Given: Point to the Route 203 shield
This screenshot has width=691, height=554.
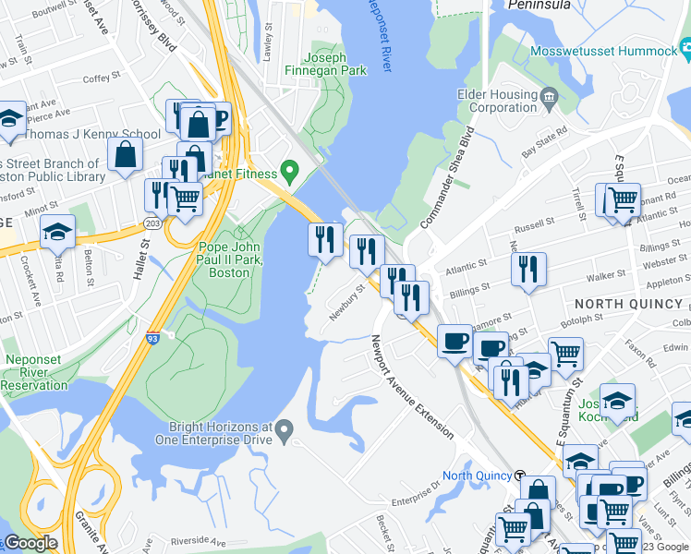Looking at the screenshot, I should [x=152, y=224].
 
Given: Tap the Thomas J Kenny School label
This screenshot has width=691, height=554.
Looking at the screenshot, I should [x=92, y=134].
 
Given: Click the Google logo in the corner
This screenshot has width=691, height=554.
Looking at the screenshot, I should [x=30, y=543].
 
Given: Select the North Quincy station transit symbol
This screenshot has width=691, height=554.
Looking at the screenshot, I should [x=522, y=476].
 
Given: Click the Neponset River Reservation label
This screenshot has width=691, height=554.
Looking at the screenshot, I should [x=34, y=372].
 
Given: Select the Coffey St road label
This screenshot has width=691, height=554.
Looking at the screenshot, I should [x=96, y=79].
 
